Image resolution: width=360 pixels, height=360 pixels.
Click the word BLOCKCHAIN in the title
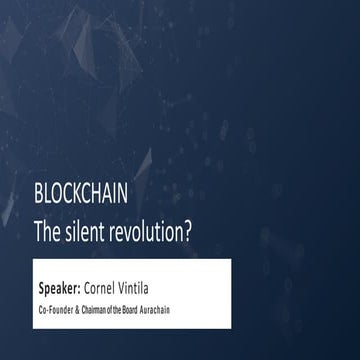pos(80,194)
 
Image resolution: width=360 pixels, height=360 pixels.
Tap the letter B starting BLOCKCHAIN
pos(38,194)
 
